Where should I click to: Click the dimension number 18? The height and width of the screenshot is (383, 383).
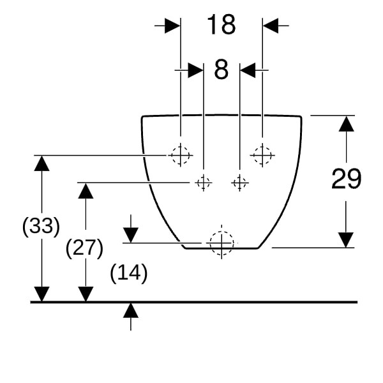click(x=222, y=24)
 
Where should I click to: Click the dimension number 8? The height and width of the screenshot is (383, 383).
click(x=222, y=70)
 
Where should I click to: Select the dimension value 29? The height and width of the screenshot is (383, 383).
click(x=346, y=179)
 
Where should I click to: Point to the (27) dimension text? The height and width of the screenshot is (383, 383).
click(x=84, y=248)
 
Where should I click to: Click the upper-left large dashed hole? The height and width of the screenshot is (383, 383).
click(x=180, y=155)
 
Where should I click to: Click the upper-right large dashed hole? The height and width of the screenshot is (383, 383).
click(x=262, y=155)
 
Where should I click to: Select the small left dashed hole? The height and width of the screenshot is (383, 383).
click(x=203, y=183)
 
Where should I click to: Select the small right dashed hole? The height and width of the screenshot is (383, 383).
click(x=239, y=183)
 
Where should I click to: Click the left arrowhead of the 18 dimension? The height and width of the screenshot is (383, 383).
click(x=172, y=26)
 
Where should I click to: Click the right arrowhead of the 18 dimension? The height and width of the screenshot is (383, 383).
click(x=271, y=26)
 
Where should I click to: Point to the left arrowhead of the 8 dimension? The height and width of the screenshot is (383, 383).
click(x=196, y=70)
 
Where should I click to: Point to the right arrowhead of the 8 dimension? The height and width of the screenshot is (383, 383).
click(x=248, y=70)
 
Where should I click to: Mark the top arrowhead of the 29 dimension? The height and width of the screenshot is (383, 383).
click(x=346, y=124)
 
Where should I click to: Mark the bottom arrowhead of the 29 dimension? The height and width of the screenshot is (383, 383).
click(x=346, y=240)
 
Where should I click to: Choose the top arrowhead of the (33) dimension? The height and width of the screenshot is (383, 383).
click(x=41, y=163)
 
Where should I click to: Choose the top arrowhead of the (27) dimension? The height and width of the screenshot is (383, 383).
click(x=86, y=190)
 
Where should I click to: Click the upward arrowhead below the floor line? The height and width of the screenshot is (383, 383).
click(x=131, y=310)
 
